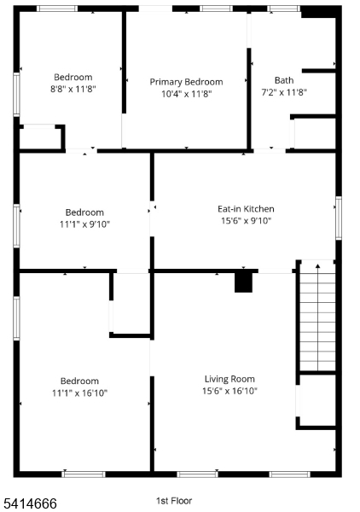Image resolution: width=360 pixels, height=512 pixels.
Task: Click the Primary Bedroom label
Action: coord(186,82)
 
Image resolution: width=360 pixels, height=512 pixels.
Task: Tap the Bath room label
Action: coord(284,80)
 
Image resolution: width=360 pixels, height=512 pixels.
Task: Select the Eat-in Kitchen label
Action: coord(246,209)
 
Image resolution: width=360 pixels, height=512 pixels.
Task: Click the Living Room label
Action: coord(229,379)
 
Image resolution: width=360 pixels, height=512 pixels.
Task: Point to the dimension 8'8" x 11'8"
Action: coord(73,89)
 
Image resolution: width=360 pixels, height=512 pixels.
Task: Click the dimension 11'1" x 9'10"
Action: coord(84,224)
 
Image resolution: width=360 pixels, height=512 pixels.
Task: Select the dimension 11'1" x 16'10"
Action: coord(79,393)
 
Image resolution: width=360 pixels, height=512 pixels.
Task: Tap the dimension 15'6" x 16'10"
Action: coord(229,391)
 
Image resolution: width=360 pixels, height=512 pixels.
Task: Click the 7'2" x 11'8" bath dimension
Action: coord(284,92)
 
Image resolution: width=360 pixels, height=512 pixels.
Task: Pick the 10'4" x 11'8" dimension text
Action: coord(186,94)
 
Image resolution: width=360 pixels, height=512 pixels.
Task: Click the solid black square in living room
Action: coord(243,282)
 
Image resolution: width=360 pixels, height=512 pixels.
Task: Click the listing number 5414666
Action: coord(31,503)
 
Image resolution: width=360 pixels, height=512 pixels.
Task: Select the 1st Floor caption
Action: coord(174,501)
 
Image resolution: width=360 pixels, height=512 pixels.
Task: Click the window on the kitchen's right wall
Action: coord(339,218)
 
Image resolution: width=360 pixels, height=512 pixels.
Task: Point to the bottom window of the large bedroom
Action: coord(84,474)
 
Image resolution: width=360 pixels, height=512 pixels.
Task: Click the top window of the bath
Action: coord(283,9)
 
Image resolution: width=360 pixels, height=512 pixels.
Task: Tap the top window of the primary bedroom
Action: coord(216,9)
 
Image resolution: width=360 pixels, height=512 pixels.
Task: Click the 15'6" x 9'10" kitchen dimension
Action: coord(246,221)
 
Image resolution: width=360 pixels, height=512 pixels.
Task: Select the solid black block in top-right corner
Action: coord(318,12)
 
